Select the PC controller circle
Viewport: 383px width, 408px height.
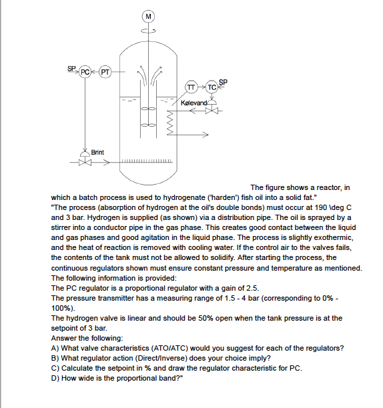tap(85, 71)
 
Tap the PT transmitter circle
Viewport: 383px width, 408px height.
tap(104, 71)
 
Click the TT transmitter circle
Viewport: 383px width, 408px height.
tap(191, 87)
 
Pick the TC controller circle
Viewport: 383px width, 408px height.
tap(212, 87)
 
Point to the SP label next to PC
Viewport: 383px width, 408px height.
tap(71, 68)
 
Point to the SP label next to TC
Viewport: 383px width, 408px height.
tap(223, 82)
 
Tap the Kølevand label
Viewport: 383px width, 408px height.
tap(194, 103)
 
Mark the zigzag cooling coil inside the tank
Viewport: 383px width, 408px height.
tap(169, 122)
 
